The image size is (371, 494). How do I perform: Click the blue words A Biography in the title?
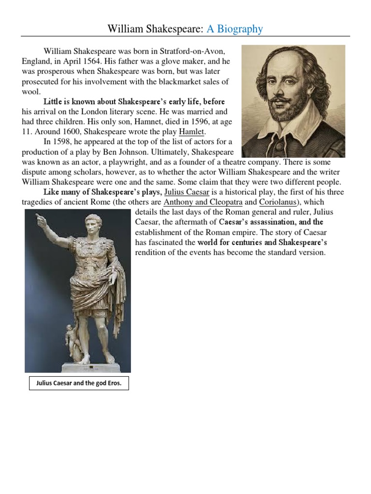tap(235, 29)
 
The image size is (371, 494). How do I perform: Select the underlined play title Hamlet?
tap(192, 132)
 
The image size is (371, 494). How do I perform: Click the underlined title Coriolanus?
tap(276, 202)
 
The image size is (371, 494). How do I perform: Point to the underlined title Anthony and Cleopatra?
tap(203, 202)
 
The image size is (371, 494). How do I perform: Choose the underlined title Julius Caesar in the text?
tap(187, 192)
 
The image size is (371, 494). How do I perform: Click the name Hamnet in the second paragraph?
tap(140, 122)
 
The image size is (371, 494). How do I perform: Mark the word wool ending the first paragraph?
tap(31, 92)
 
